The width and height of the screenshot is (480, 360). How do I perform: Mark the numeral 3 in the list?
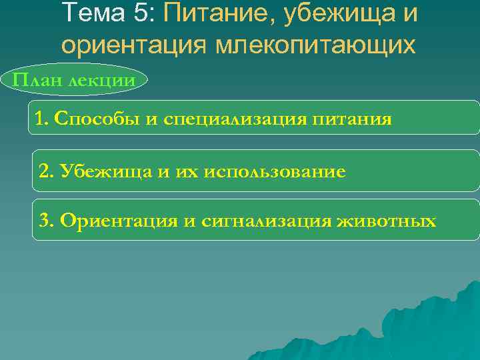(45, 221)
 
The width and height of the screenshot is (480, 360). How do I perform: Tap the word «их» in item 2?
(192, 171)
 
